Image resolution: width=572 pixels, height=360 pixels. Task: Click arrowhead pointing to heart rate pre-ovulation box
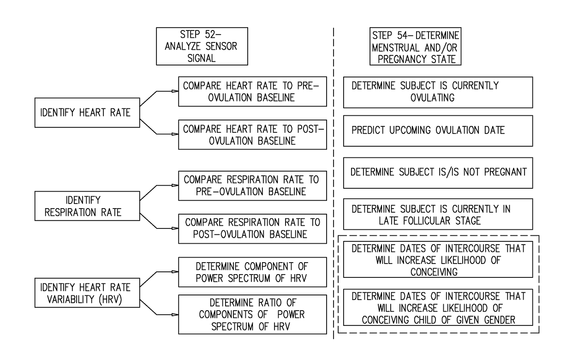(175, 91)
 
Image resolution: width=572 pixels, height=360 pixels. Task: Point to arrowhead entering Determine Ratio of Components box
(175, 315)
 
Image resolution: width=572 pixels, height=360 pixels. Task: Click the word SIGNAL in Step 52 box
(202, 59)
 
